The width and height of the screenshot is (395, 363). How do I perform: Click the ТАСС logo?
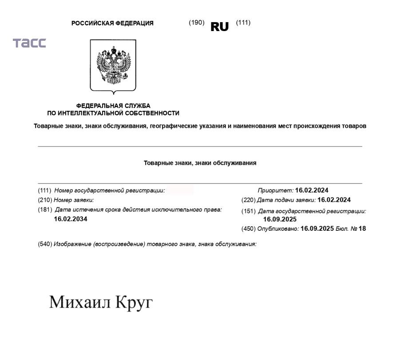[x=29, y=43]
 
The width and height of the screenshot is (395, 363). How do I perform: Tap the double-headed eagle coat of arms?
[x=113, y=65]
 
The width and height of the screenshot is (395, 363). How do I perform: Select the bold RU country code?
[x=219, y=27]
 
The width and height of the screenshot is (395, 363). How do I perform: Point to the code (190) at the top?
[x=197, y=23]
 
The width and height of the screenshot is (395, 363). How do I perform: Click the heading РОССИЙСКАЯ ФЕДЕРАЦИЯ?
[x=112, y=24]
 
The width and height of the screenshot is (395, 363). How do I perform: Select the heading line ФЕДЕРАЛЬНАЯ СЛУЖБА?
[x=113, y=106]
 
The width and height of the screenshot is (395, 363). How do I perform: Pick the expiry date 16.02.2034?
[x=71, y=219]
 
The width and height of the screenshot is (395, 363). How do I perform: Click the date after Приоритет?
[x=312, y=190]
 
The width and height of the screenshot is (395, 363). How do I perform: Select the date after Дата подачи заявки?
[x=334, y=200]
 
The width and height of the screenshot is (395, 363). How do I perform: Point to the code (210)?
[x=45, y=200]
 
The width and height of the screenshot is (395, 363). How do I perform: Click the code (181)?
[x=45, y=209]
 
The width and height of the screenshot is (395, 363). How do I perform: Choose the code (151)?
[x=249, y=211]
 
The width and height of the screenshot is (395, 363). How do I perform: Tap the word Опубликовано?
[x=278, y=229]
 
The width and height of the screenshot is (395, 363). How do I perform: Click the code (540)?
[x=45, y=244]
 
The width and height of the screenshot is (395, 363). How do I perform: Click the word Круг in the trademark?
[x=134, y=303]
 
